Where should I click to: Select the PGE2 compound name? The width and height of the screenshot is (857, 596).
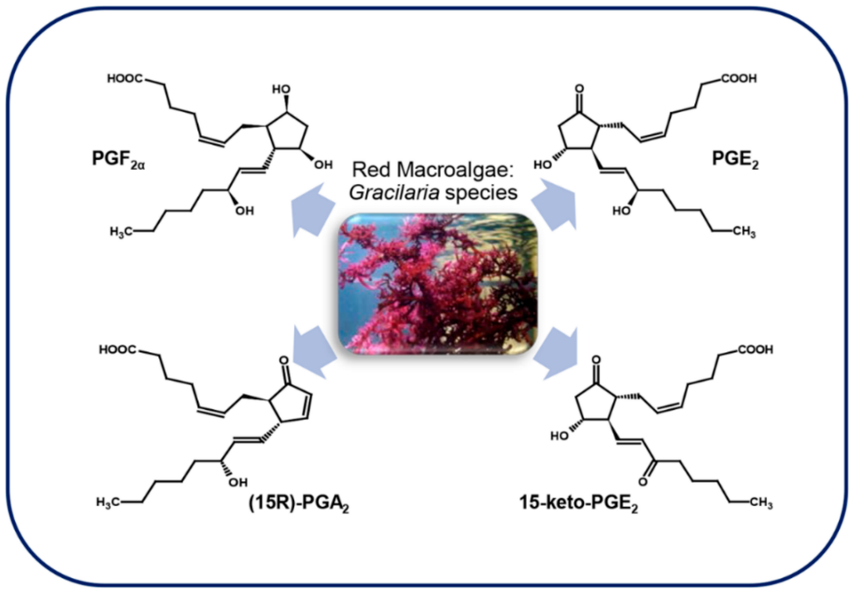734,159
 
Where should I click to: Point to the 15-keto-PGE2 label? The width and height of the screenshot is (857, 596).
578,503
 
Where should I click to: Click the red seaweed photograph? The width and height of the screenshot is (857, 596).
437,284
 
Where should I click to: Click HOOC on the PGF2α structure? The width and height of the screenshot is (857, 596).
125,79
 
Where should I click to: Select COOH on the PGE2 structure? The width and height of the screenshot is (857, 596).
739,79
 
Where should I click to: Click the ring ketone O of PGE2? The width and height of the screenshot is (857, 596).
579,89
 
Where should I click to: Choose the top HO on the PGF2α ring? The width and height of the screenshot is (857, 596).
281,90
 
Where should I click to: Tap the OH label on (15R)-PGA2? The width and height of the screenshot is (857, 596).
238,482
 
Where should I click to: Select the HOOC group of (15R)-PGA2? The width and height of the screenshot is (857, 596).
117,350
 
